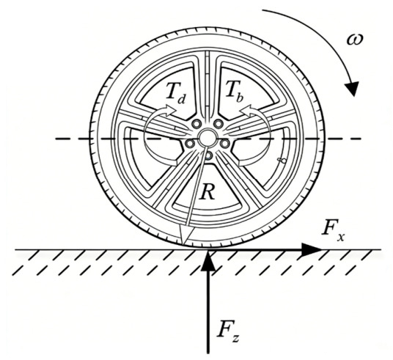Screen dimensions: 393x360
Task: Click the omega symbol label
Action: coord(355,40)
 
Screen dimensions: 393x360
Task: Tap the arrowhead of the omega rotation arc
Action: coord(352,88)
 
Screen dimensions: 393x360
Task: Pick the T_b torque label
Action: coord(234,92)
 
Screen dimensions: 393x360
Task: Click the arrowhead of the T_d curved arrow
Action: coord(170,111)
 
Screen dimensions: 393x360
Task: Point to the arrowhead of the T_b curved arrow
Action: coord(246,111)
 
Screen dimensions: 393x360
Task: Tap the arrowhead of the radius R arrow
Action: coord(186,235)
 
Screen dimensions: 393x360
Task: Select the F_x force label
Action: coord(333,229)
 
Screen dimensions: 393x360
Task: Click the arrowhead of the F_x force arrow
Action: coord(311,250)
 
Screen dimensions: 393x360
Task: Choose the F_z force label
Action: coord(228,331)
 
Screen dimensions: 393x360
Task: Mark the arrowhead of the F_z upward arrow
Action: coord(208,261)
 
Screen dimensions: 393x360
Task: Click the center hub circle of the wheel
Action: coord(207,137)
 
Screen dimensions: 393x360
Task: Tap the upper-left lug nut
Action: coord(196,123)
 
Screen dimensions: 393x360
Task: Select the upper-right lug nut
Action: coord(218,123)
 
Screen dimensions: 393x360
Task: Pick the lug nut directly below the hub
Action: coord(208,155)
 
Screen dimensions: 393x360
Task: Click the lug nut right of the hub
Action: coord(225,143)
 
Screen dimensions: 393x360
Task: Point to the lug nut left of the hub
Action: coord(189,143)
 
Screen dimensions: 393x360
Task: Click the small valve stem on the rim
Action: coord(282,160)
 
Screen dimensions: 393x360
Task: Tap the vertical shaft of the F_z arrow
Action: coord(208,312)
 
